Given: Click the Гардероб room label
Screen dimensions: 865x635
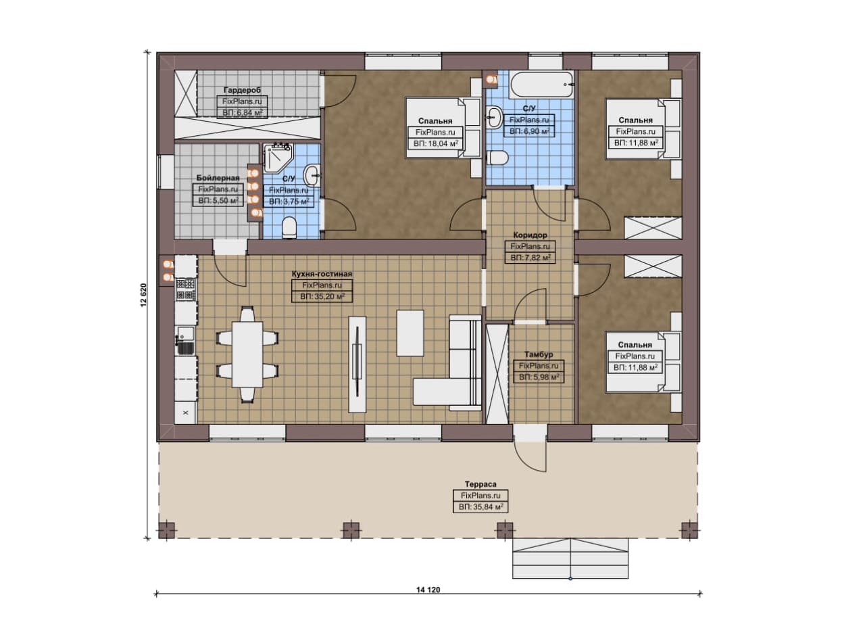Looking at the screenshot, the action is [x=242, y=90].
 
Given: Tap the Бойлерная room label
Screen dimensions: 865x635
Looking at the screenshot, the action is [x=218, y=178].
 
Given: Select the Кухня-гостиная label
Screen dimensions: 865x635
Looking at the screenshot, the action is [x=322, y=274].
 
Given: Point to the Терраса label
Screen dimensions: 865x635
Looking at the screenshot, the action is [x=480, y=484].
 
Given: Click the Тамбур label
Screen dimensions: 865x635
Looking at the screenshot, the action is [x=539, y=354].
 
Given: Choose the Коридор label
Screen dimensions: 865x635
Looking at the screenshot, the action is [x=530, y=235].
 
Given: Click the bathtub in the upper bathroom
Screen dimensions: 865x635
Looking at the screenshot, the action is [x=542, y=85].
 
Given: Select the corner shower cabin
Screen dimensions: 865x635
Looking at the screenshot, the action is [x=278, y=158].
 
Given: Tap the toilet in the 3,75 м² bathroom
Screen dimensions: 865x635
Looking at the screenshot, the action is [x=289, y=227].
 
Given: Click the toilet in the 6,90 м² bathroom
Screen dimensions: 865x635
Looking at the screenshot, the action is [x=497, y=158].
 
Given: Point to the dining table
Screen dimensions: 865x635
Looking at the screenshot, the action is [x=247, y=354].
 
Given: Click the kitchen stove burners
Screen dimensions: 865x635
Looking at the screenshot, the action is [x=185, y=289].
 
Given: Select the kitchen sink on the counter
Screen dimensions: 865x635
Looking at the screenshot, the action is [x=185, y=341].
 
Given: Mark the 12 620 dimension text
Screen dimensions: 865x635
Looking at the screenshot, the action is [x=144, y=296].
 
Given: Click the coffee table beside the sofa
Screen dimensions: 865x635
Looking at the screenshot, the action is [x=410, y=333].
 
